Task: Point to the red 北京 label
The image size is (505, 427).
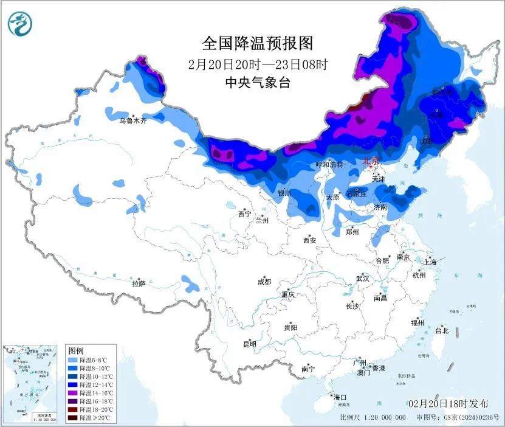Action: click(370, 161)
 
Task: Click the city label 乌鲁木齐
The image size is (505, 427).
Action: click(132, 121)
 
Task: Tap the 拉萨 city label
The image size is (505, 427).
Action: click(139, 283)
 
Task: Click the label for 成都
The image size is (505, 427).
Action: click(264, 282)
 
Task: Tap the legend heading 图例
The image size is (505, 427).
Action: click(75, 351)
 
